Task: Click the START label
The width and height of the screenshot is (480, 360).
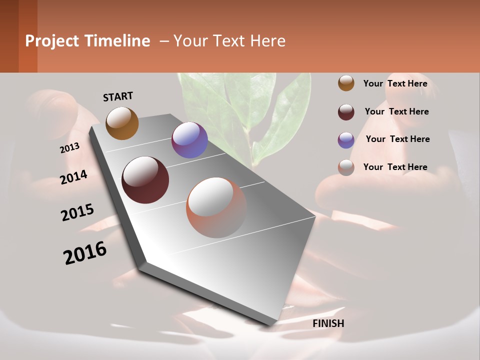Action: (118, 96)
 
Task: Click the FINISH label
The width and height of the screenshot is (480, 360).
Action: (328, 323)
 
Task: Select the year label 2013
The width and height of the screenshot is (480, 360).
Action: (69, 148)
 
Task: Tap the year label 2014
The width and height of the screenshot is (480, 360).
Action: (73, 177)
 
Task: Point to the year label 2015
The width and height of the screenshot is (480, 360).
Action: (77, 212)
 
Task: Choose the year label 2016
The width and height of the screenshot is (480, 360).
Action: (85, 252)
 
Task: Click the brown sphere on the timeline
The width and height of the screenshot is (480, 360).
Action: (122, 123)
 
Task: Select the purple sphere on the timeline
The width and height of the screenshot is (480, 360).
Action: (189, 140)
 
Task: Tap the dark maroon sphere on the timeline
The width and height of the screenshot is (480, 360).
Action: (145, 180)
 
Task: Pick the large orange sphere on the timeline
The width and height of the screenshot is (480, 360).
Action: (216, 207)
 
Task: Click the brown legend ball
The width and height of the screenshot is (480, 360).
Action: (346, 83)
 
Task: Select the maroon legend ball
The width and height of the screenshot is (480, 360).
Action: (346, 112)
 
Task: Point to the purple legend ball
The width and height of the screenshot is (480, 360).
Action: (346, 140)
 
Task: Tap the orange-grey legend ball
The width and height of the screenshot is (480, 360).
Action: (346, 167)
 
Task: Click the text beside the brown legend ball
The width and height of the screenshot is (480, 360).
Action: (395, 83)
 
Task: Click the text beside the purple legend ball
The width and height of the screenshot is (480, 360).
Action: (397, 139)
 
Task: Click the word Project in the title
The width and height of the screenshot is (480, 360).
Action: (52, 41)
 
